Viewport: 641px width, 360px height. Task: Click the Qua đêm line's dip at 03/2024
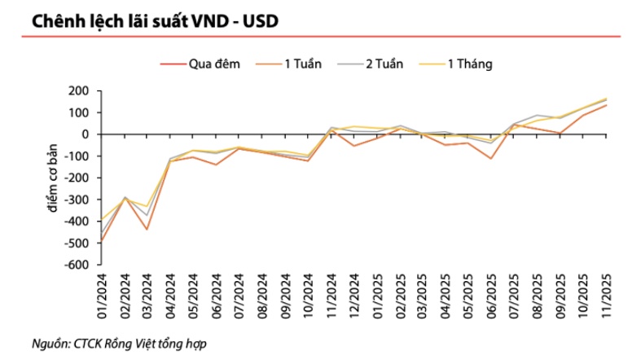tap(148, 229)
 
